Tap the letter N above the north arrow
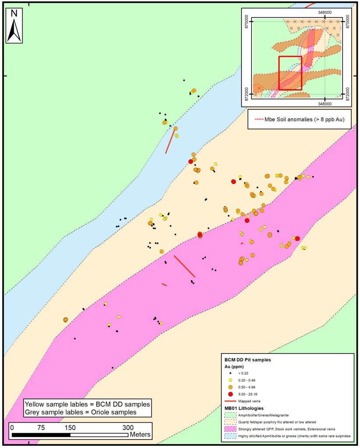[14, 13]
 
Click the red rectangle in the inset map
[290, 73]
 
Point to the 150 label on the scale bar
[70, 427]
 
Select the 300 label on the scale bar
[128, 427]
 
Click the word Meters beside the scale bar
[140, 435]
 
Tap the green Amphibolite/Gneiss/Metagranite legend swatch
[231, 414]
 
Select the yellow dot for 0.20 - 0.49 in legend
[230, 380]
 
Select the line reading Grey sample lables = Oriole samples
[81, 412]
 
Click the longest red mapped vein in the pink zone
[184, 266]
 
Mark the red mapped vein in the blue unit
[170, 140]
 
